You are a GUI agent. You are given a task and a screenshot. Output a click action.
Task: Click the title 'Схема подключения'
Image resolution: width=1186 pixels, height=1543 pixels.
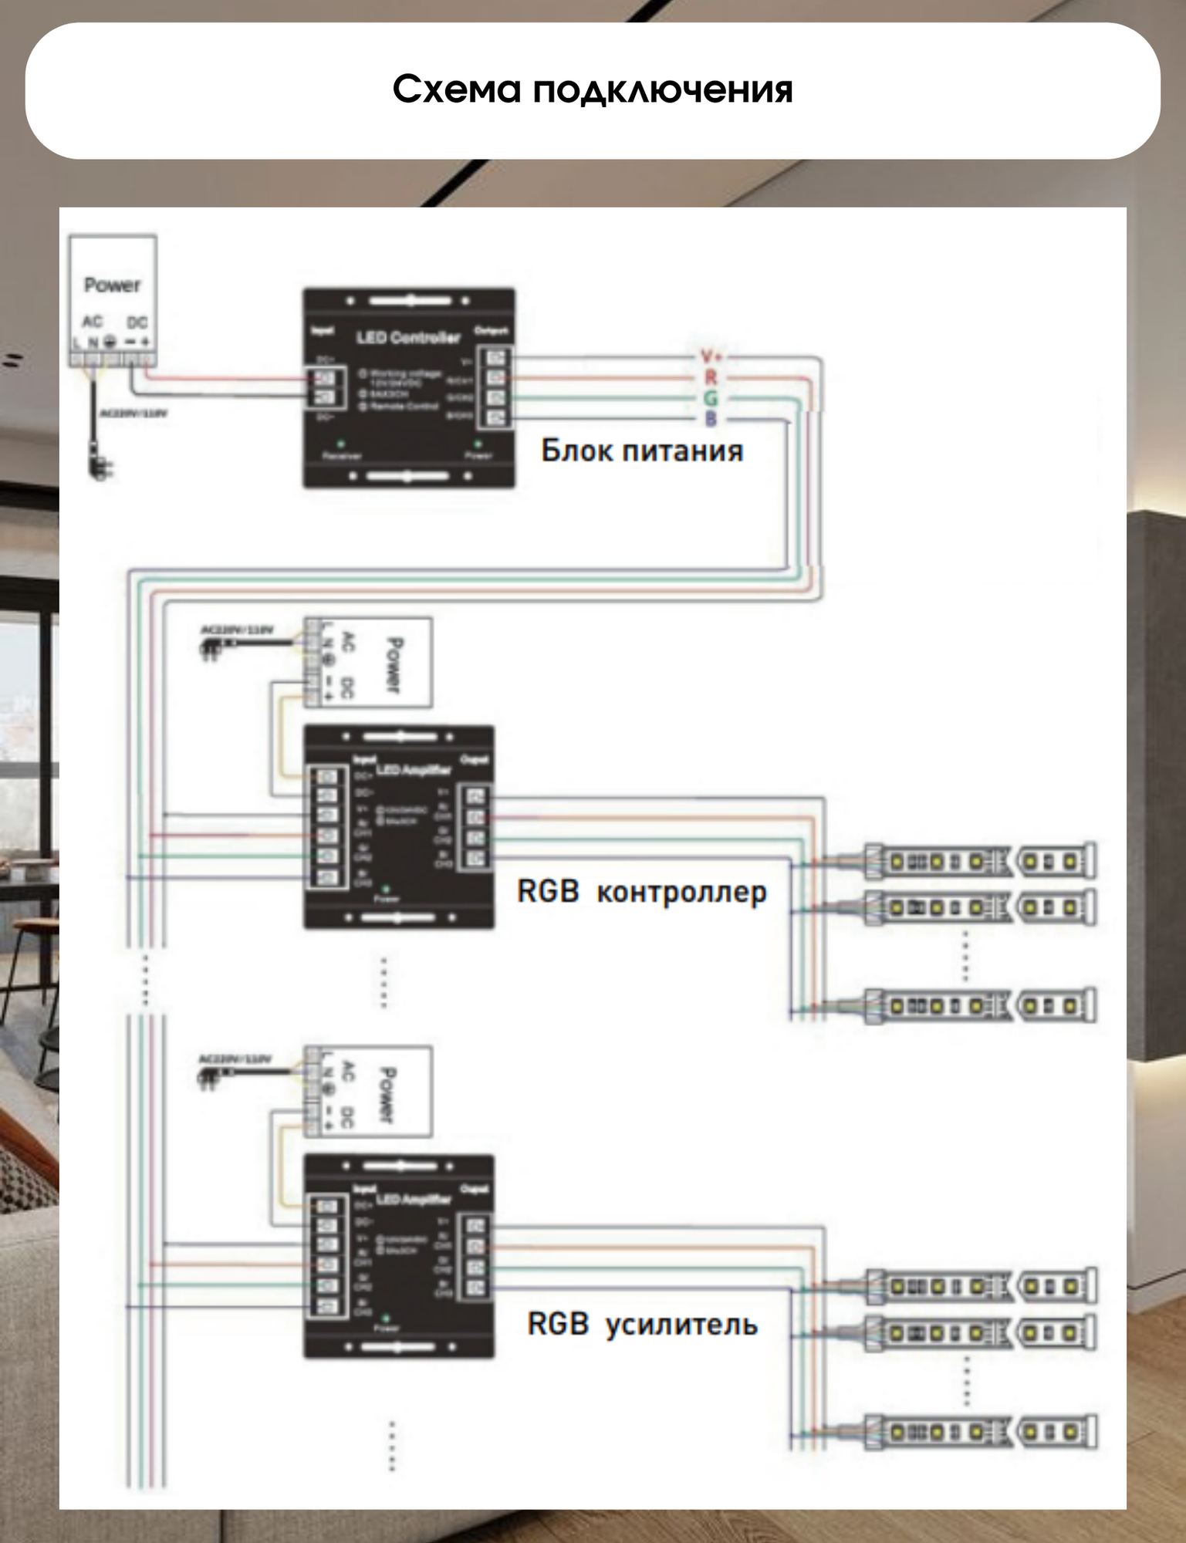[593, 89]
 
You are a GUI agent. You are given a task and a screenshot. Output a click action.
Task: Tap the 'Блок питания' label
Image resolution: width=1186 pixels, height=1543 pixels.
[642, 451]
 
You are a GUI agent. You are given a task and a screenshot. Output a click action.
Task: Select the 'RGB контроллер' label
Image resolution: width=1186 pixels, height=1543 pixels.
[642, 892]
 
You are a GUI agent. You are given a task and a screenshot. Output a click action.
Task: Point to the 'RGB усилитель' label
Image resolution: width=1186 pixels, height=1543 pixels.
[642, 1324]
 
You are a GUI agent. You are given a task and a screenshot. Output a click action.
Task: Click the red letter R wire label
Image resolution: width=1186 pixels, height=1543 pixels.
[711, 377]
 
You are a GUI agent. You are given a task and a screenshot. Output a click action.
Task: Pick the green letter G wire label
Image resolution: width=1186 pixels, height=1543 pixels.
[711, 398]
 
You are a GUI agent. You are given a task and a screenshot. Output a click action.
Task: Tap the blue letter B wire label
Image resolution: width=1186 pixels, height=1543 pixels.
[711, 419]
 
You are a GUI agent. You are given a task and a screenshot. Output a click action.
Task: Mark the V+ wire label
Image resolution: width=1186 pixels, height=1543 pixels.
[711, 356]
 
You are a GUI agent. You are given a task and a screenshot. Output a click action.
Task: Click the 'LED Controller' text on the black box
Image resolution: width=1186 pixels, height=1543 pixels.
[408, 337]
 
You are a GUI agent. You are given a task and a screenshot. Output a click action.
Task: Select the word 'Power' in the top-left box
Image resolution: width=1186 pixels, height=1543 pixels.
[113, 285]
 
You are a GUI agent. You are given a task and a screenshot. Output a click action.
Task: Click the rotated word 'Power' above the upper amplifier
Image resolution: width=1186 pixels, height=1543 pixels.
[394, 663]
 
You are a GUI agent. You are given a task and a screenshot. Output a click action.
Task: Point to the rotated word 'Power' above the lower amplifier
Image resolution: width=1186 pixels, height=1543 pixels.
[387, 1094]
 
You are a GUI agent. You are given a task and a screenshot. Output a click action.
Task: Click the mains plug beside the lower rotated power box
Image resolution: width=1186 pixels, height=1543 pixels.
[209, 1079]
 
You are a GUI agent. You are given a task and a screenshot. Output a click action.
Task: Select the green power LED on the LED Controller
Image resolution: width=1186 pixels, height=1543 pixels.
[478, 444]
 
